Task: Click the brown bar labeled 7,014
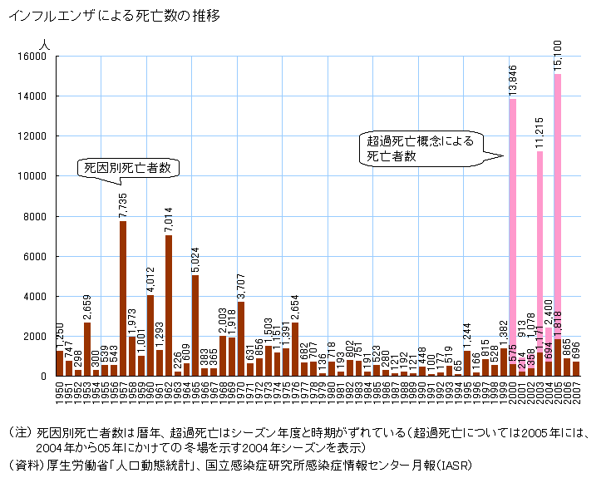[169, 305]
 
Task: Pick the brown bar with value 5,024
[195, 325]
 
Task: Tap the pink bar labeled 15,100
[557, 224]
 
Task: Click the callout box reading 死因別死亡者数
[129, 168]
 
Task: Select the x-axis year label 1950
[59, 393]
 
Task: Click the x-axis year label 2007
[575, 393]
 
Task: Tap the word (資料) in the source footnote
[22, 463]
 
